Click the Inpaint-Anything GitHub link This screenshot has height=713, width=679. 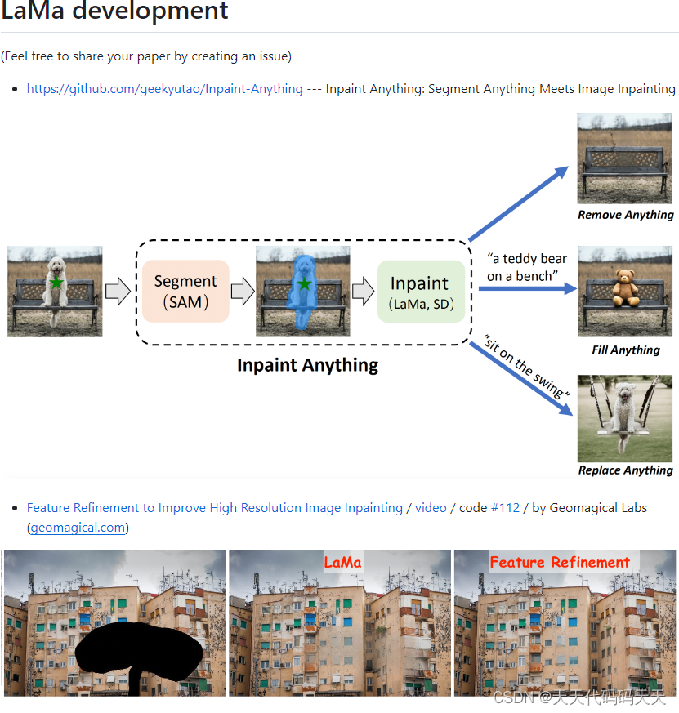(x=164, y=89)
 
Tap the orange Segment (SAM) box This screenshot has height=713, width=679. (x=185, y=292)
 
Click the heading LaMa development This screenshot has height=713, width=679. (x=114, y=11)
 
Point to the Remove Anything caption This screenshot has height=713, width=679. (x=626, y=215)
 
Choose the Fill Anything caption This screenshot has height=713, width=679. (x=626, y=350)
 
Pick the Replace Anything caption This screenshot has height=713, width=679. (x=626, y=470)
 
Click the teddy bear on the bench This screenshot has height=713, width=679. (x=627, y=288)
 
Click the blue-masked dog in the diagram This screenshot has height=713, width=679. (x=304, y=290)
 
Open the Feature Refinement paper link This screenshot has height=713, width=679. (x=214, y=508)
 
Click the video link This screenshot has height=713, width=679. (x=431, y=508)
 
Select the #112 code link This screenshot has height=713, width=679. (x=505, y=508)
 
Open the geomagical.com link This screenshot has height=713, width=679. (x=78, y=528)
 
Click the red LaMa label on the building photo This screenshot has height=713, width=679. (x=342, y=562)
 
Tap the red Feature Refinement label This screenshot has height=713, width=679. (x=560, y=562)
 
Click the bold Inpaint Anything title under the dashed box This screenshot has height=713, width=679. (x=307, y=365)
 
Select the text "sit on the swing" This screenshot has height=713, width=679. (x=525, y=366)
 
